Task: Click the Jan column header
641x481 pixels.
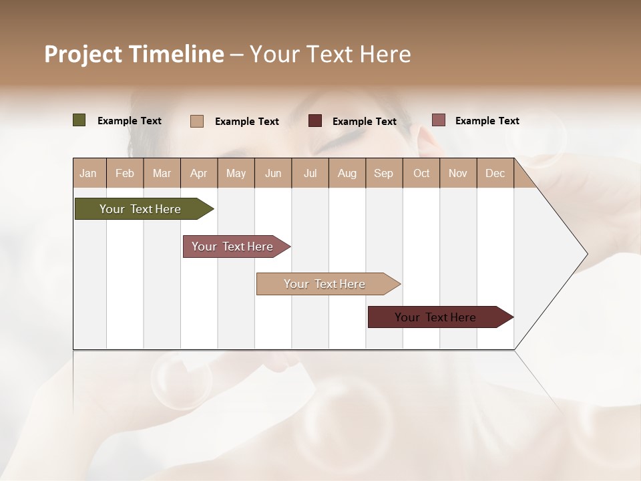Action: [x=88, y=173]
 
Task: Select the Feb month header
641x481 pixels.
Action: [x=125, y=173]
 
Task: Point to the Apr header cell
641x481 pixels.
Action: [x=199, y=173]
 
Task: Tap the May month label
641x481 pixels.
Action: [x=236, y=173]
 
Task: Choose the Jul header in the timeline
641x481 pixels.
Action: [x=310, y=173]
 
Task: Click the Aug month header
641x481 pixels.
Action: [x=347, y=173]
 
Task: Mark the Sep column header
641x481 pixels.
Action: [x=384, y=173]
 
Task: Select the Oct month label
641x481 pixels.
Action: [x=421, y=173]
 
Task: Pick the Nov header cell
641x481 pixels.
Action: [x=458, y=173]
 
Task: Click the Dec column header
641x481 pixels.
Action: [x=495, y=173]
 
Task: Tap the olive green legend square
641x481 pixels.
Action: [x=79, y=120]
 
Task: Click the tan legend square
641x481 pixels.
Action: [x=197, y=121]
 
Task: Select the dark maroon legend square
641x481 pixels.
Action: [x=315, y=120]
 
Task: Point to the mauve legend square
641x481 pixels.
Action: [x=438, y=120]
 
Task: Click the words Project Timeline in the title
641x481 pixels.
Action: [x=134, y=54]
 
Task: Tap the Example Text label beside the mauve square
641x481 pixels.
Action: [x=487, y=121]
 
